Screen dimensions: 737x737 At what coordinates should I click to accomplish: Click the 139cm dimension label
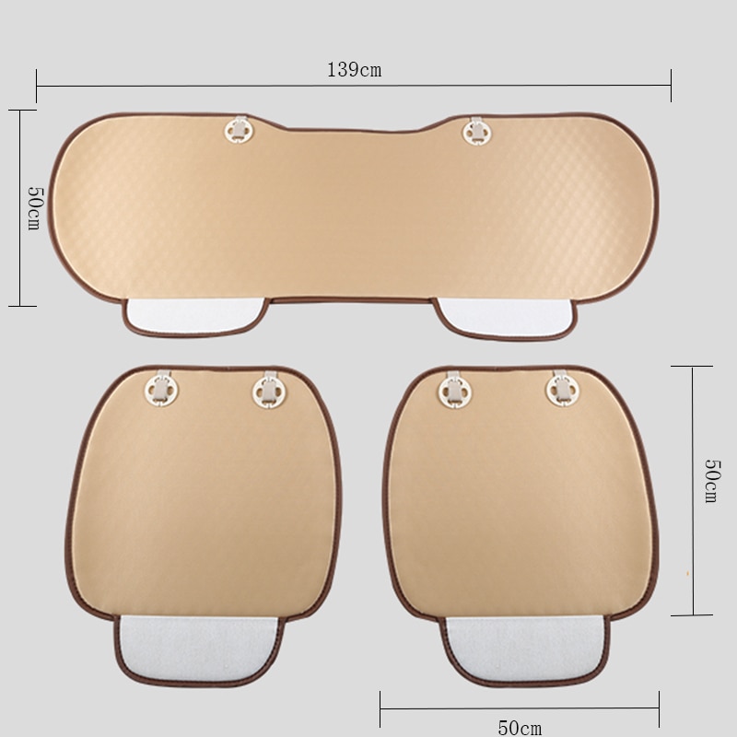coord(355,70)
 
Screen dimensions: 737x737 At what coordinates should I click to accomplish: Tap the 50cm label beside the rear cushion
coord(35,208)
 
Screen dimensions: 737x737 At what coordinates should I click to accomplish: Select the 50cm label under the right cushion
coord(520,728)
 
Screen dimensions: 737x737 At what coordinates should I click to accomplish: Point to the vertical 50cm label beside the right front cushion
coord(711,481)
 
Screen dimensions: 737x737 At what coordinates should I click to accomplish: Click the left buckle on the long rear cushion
coord(240,130)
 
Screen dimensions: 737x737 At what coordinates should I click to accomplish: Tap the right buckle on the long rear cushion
coord(476,131)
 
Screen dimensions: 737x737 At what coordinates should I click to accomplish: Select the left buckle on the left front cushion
coord(161,389)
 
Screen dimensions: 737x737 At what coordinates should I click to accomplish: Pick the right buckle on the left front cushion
coord(270,390)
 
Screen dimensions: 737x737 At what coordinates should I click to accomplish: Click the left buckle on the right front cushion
coord(455,389)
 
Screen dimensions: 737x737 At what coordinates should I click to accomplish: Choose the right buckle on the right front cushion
coord(562,389)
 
